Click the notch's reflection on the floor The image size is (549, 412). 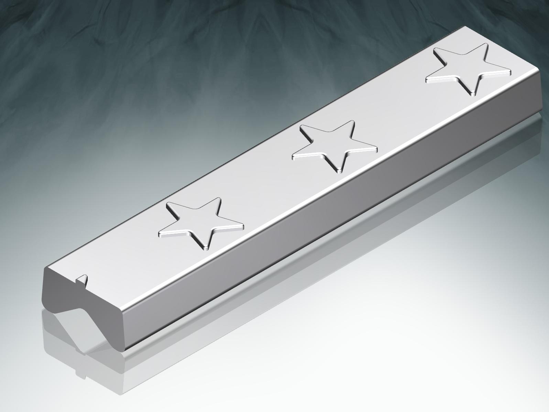coord(81,373)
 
